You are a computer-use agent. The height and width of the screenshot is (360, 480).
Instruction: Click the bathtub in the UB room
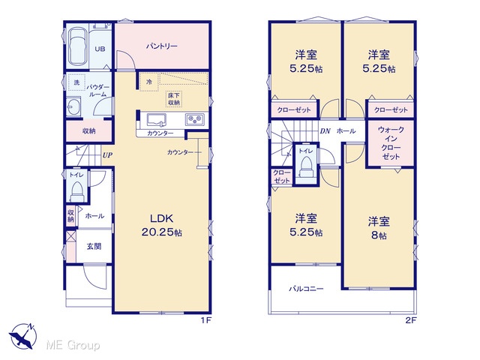point(77,46)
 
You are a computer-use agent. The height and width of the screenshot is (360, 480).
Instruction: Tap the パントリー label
point(162,46)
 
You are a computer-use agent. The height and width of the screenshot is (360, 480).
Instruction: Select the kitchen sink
point(157,120)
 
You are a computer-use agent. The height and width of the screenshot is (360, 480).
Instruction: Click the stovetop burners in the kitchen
point(195,119)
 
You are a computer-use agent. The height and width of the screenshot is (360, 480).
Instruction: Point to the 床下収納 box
point(174,99)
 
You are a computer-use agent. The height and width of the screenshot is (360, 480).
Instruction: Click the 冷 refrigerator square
point(149,82)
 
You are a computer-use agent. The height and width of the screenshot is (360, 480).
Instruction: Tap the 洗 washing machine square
point(76,82)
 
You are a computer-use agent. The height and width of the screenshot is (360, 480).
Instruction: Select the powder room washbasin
point(73,106)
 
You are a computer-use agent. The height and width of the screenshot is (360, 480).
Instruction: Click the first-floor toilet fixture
point(76,192)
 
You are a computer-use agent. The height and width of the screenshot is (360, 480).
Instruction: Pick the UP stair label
point(107,155)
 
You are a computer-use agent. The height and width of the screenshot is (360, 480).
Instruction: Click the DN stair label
point(325,131)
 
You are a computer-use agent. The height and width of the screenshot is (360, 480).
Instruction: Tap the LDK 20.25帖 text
point(162,225)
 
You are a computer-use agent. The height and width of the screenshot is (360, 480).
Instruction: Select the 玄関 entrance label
point(94,246)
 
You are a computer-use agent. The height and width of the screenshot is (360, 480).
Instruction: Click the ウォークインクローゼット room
point(391,143)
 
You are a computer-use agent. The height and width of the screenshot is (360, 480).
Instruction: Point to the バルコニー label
point(307,289)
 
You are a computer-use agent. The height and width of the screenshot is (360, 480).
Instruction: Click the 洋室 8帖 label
point(379,228)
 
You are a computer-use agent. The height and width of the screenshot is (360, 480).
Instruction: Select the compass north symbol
point(23,336)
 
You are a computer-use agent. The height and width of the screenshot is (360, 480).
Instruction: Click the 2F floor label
point(411,320)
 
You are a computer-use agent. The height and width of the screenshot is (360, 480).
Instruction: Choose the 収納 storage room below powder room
point(88,131)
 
